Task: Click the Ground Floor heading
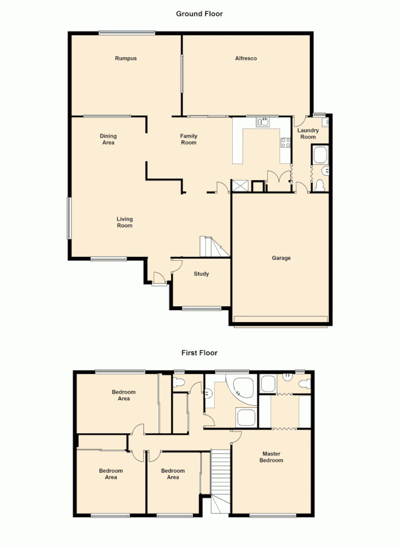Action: tap(199, 14)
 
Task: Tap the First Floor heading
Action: tap(199, 353)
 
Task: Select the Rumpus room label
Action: tap(126, 58)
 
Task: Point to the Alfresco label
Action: tap(246, 58)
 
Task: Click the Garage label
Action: tap(281, 258)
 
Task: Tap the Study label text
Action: tap(201, 274)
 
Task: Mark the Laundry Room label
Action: tap(308, 133)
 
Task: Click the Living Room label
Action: tap(125, 222)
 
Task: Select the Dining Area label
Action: tap(108, 139)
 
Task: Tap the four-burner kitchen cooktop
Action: tap(285, 143)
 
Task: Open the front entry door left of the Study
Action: tap(158, 278)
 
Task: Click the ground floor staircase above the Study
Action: tap(213, 247)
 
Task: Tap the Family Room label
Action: tap(189, 139)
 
